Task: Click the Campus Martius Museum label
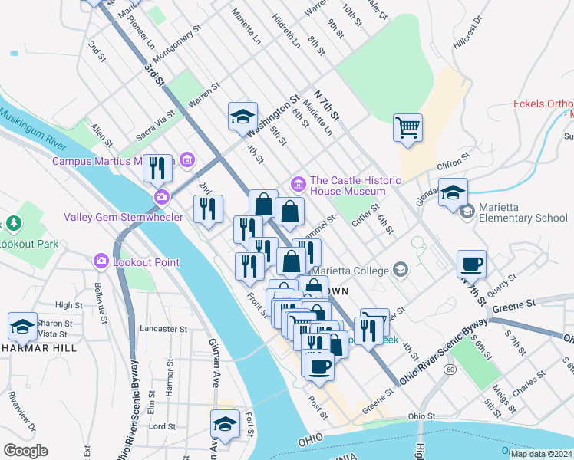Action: [x=108, y=161]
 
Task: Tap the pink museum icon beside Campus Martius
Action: [x=186, y=160]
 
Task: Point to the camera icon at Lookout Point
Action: [x=101, y=261]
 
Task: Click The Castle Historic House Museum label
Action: [x=355, y=186]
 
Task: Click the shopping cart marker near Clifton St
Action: [x=407, y=127]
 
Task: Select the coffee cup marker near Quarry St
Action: [x=471, y=264]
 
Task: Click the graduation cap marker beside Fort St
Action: [x=225, y=424]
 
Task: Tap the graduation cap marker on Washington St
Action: [x=242, y=117]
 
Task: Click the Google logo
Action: [x=25, y=451]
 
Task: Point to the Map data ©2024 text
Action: [x=541, y=454]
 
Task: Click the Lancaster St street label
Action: [x=164, y=329]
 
